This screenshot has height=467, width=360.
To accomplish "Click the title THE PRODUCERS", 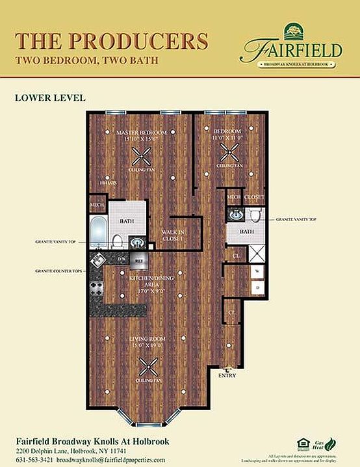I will pyautogui.click(x=111, y=40).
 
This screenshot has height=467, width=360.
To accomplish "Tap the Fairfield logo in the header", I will pyautogui.click(x=292, y=46).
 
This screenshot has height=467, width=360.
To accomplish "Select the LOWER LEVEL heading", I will pyautogui.click(x=49, y=98).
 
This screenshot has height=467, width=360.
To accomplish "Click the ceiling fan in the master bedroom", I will pyautogui.click(x=141, y=155).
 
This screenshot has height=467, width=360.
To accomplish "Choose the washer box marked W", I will pyautogui.click(x=257, y=271).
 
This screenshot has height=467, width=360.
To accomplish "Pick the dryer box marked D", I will pyautogui.click(x=257, y=286).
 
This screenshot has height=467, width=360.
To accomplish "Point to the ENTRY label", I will pyautogui.click(x=227, y=375).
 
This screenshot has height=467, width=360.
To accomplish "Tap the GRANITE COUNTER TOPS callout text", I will pyautogui.click(x=57, y=270).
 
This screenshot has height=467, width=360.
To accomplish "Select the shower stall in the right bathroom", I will pyautogui.click(x=256, y=253).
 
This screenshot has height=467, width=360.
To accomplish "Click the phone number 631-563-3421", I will pyautogui.click(x=34, y=459).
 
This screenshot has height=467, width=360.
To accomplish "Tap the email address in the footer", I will pyautogui.click(x=109, y=459).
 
